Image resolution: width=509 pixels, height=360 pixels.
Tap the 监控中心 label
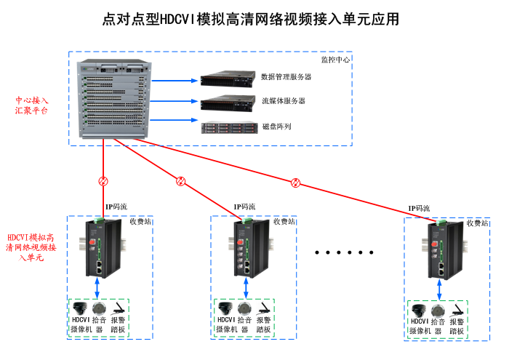[335, 59]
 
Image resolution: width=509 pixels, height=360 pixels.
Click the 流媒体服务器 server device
[227, 102]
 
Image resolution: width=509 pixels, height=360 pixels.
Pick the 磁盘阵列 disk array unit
[227, 127]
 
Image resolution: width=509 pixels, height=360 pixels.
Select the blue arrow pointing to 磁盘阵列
[175, 120]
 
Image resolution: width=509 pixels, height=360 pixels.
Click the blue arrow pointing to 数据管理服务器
[175, 78]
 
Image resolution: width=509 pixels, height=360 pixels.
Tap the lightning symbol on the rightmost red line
[295, 182]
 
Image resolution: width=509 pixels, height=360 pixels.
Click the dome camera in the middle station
[225, 307]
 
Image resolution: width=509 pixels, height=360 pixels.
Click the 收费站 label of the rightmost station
[478, 223]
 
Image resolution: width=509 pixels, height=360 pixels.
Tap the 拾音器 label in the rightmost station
[437, 327]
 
